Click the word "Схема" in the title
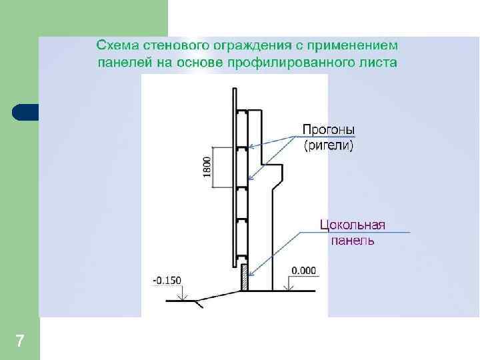tap(115, 45)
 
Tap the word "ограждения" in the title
tap(248, 45)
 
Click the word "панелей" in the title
tap(120, 63)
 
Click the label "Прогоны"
tap(329, 129)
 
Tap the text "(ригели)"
tap(329, 145)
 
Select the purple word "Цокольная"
tap(353, 225)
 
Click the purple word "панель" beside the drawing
tap(353, 241)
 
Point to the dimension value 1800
tap(207, 167)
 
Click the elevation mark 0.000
tap(304, 271)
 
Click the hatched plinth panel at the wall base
tap(244, 277)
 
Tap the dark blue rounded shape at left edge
tap(25, 112)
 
